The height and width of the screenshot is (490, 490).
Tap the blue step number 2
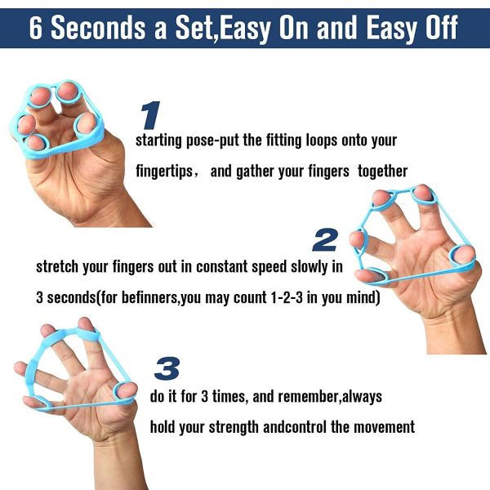[x=325, y=239]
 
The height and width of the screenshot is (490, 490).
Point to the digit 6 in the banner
[x=38, y=27]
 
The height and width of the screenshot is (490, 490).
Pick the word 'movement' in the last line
[x=383, y=426]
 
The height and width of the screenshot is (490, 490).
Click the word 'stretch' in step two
[x=56, y=266]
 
